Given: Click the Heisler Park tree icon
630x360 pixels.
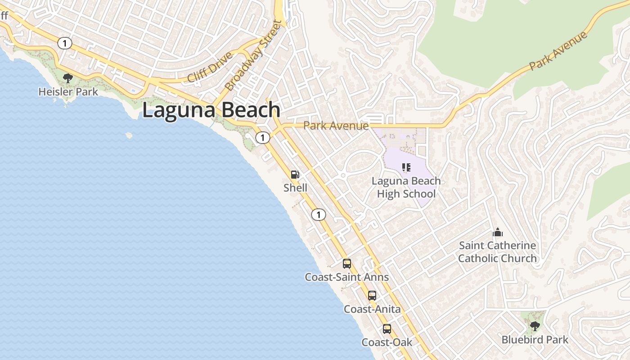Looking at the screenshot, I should coord(68,78).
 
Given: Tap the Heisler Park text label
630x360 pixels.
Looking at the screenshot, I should coord(68,92).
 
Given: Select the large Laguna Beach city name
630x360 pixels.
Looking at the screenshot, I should coord(211,110).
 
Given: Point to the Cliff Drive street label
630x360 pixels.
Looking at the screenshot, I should coord(210,67).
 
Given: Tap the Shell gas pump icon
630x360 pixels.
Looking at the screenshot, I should coord(295,175).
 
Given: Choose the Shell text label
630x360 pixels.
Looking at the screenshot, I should coord(295,188).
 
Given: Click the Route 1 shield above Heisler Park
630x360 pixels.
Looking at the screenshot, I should coord(65,43).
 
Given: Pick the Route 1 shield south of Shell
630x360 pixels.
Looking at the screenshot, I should coord(318,215).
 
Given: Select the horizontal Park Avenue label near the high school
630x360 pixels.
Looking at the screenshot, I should coord(336,126).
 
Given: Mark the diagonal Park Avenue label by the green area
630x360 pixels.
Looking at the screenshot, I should coord(558,51).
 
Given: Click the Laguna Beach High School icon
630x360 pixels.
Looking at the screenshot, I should coord(406,168).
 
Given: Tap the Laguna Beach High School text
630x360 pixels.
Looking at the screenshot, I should coord(406,187).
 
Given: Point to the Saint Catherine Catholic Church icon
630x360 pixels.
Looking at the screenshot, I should coord(497,232).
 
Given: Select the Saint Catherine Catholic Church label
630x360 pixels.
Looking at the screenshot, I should coord(497,252).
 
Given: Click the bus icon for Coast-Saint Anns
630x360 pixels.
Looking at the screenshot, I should coord(346,264).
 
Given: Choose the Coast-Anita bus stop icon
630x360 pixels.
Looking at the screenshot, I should coord(372,296).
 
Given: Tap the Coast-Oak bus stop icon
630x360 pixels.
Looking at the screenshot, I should coord(387,329).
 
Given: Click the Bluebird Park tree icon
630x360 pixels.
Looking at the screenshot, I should coord(535,326).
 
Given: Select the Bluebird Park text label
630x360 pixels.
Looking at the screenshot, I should coord(535,340).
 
